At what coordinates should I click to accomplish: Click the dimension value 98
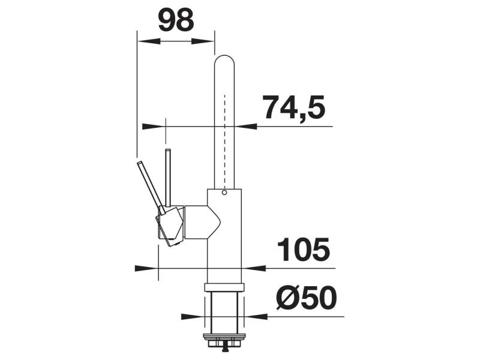pyautogui.click(x=176, y=20)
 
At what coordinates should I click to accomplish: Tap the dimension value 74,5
pyautogui.click(x=293, y=107)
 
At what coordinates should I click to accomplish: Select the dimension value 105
pyautogui.click(x=304, y=250)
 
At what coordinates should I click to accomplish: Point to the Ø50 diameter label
pyautogui.click(x=306, y=298)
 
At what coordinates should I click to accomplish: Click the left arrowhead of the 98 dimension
pyautogui.click(x=149, y=41)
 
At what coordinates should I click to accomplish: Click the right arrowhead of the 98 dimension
pyautogui.click(x=203, y=41)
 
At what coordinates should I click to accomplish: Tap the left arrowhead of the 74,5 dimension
pyautogui.click(x=154, y=127)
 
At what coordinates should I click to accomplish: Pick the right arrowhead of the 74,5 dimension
pyautogui.click(x=246, y=127)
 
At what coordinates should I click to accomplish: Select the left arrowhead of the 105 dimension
pyautogui.click(x=146, y=268)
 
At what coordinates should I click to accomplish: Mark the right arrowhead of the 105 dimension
pyautogui.click(x=254, y=268)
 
